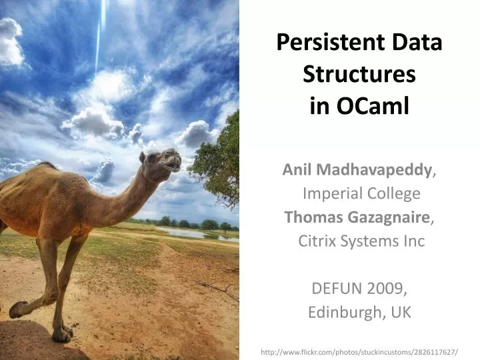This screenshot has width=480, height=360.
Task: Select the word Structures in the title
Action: coord(359,75)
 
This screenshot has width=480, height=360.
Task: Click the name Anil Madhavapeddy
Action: coord(357,170)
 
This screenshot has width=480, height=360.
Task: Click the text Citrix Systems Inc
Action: coord(361,241)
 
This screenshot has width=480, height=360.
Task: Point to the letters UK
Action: coord(401,312)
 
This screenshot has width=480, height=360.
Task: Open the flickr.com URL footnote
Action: coord(359,351)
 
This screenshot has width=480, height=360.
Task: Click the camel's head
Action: coord(163,160)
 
